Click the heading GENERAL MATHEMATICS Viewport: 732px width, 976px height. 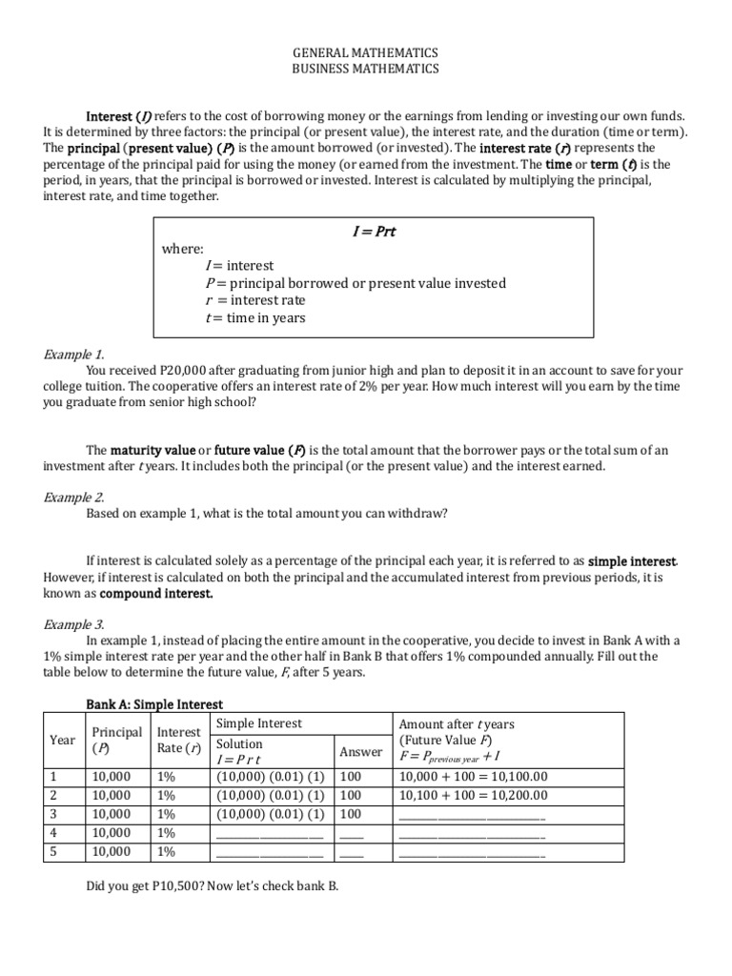click(x=366, y=53)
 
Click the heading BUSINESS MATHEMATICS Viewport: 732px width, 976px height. click(x=366, y=69)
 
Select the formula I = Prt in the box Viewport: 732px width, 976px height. click(x=374, y=231)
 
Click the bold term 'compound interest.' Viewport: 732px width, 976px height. click(x=156, y=593)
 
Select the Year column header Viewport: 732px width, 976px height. click(x=62, y=740)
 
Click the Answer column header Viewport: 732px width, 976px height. click(x=362, y=751)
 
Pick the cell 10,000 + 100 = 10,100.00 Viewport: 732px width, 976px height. click(x=473, y=778)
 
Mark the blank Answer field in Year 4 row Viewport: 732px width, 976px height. click(x=352, y=833)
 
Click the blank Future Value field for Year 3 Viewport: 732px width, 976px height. click(x=472, y=815)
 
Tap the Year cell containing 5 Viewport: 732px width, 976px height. click(x=53, y=851)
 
